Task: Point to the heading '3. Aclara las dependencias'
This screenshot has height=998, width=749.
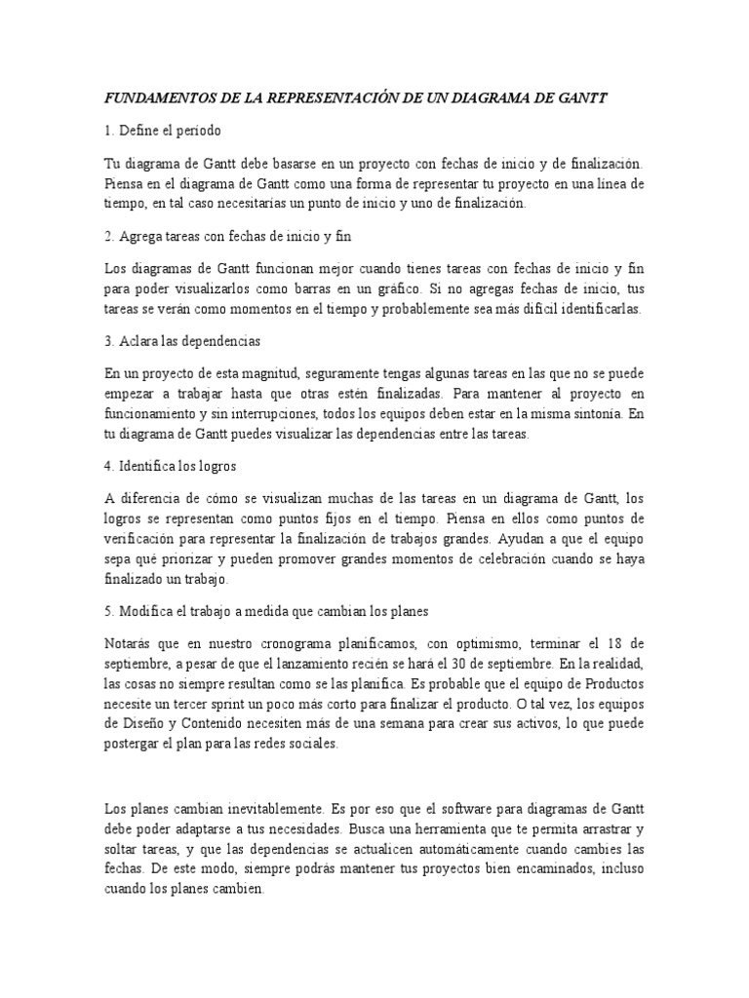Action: [x=182, y=343]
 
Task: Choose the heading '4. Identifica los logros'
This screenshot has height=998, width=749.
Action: [x=171, y=465]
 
